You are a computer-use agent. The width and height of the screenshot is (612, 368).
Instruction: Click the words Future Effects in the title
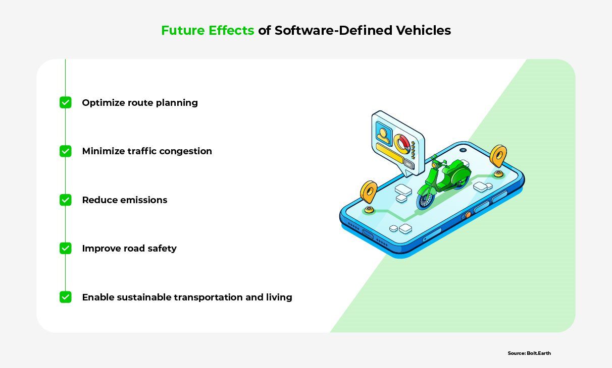(208, 30)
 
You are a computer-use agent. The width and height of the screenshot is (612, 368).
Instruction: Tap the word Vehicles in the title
(424, 30)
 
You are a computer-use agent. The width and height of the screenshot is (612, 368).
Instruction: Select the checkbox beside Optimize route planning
(66, 102)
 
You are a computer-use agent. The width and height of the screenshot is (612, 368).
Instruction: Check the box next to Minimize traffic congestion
(66, 151)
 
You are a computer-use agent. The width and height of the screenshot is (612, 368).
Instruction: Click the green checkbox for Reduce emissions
(66, 200)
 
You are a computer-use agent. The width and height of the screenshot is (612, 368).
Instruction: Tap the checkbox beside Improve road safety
(66, 248)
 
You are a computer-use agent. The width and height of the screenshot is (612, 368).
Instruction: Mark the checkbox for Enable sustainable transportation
(66, 297)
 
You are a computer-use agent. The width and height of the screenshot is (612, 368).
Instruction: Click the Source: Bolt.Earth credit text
(529, 353)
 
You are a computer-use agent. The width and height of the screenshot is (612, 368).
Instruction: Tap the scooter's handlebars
(437, 160)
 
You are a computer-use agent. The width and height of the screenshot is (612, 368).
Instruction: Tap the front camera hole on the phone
(463, 150)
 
